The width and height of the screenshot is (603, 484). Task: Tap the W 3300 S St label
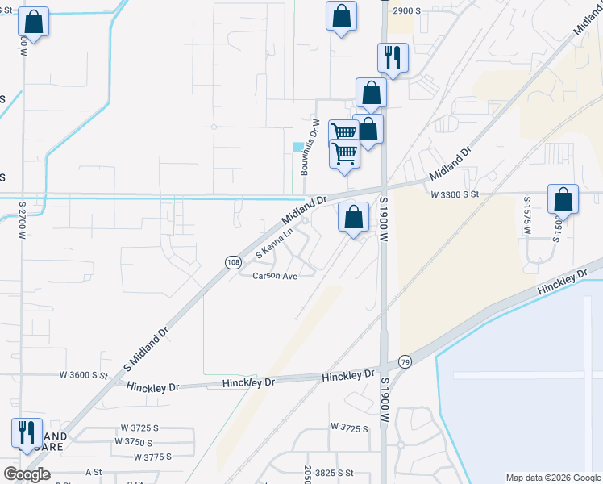tap(455, 194)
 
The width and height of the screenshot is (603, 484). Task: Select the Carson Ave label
tap(276, 276)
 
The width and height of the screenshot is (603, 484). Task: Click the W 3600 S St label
tap(84, 375)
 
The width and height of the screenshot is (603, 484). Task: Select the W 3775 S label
tap(160, 457)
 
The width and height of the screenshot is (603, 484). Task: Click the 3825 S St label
tap(335, 472)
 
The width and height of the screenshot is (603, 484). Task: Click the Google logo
tap(27, 474)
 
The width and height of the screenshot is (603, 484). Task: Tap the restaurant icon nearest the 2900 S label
tap(393, 57)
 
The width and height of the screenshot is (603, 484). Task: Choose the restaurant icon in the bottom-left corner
tap(27, 432)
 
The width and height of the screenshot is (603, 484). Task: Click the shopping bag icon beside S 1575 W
tap(563, 199)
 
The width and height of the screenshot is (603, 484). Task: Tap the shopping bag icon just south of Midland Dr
tap(353, 216)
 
